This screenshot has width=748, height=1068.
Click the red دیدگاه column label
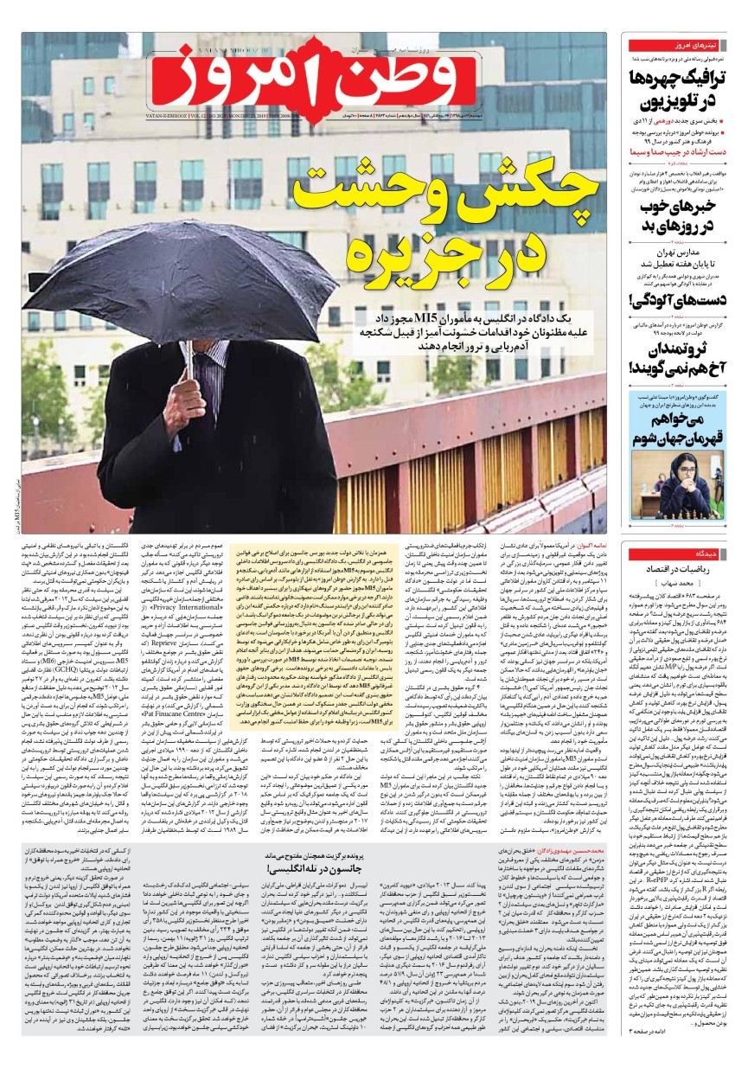click(x=676, y=553)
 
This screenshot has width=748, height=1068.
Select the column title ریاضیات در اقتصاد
click(x=680, y=570)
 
